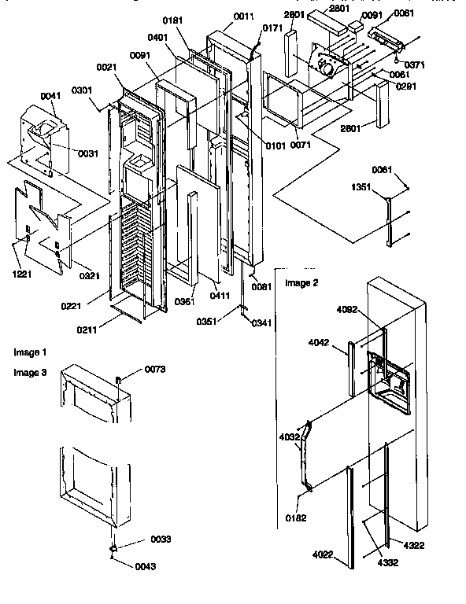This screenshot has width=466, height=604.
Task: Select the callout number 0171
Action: (271, 29)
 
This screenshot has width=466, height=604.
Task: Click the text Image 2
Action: (301, 283)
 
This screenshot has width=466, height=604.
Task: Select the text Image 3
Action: (31, 373)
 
